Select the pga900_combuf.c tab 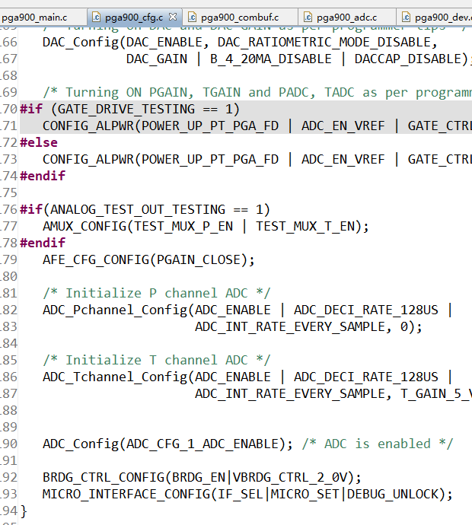tap(239, 16)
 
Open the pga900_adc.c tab tap(346, 16)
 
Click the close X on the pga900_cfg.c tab tap(173, 16)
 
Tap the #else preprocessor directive tap(38, 142)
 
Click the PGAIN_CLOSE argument tap(203, 259)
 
